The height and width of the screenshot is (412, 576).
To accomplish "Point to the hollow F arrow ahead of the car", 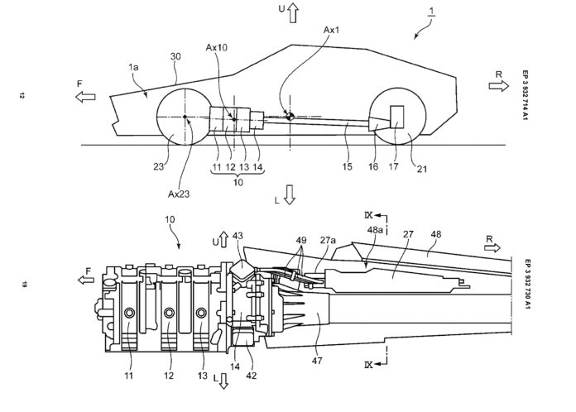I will click(83, 97).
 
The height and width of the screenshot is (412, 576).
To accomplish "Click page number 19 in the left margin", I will click(26, 284).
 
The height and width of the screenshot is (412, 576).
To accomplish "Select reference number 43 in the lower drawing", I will click(239, 237).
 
